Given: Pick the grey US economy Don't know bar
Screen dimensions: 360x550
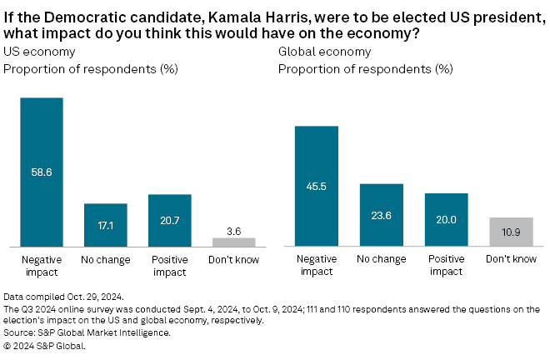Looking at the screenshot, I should coord(234,242).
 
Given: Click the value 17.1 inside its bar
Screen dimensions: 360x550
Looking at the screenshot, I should coord(106,225).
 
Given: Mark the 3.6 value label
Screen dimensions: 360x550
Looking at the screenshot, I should coord(234,228).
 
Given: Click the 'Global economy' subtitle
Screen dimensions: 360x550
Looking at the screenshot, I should coord(313,52).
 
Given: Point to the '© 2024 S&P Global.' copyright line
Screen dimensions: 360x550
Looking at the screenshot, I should coord(45,344).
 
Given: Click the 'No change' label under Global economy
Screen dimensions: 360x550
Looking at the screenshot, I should coord(381,260).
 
